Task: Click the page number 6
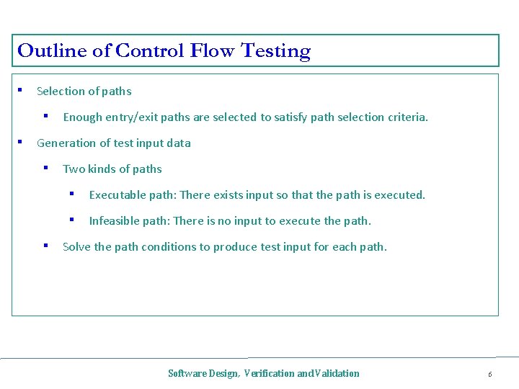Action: (489, 375)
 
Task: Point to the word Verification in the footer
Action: (269, 373)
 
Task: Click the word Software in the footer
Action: (186, 373)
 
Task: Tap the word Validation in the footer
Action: (337, 373)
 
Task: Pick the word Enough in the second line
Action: (83, 117)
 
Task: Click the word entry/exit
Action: (131, 117)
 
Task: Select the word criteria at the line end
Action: (407, 117)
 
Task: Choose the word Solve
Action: (76, 247)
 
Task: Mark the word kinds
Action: (103, 169)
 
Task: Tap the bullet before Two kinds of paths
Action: (46, 168)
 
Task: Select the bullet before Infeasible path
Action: (72, 220)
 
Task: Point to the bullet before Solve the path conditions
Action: (46, 246)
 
